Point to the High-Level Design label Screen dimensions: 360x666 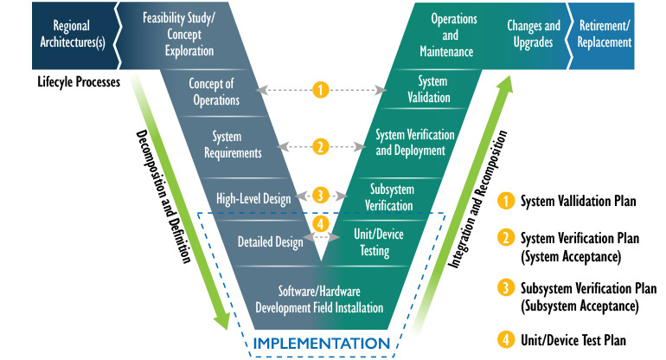(x=254, y=198)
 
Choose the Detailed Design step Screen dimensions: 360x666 (x=270, y=242)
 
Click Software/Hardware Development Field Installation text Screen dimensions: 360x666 (x=317, y=299)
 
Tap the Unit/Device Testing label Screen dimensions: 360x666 (x=379, y=242)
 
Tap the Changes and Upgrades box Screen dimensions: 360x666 (x=534, y=34)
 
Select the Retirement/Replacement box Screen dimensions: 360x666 (x=605, y=34)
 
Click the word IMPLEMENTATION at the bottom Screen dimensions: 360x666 (x=321, y=343)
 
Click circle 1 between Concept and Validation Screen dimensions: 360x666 (x=321, y=90)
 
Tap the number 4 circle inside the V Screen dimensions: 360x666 (x=320, y=223)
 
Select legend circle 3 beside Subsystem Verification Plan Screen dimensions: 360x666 (x=506, y=288)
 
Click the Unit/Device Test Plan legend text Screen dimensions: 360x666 (x=574, y=340)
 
